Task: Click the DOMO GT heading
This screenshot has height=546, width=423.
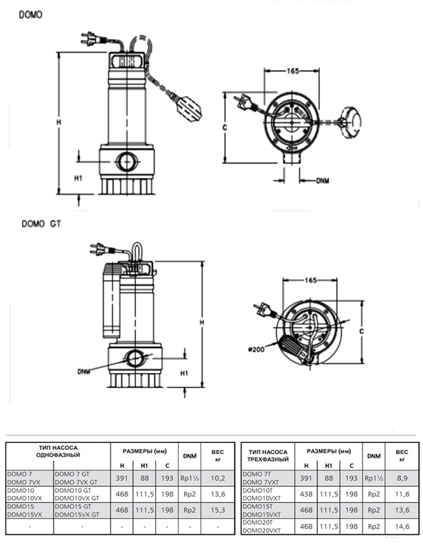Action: tap(41, 224)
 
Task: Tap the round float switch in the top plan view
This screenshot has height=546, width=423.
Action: tap(352, 122)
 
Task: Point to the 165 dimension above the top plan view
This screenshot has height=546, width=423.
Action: tap(293, 71)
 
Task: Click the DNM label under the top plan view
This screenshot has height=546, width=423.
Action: tap(323, 181)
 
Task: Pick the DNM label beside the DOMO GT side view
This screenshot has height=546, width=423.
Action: tap(84, 372)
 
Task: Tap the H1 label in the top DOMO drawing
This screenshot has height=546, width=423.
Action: tap(78, 178)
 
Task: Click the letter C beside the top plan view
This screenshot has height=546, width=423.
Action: tap(225, 128)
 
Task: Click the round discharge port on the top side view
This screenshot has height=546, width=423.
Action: tap(126, 162)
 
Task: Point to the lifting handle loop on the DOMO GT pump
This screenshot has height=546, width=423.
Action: tap(137, 252)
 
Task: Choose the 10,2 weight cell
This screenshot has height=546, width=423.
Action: tap(218, 478)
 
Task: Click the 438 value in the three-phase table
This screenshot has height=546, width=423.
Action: tap(306, 494)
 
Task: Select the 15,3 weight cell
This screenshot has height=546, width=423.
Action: tap(218, 510)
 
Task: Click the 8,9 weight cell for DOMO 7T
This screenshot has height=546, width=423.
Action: tap(402, 478)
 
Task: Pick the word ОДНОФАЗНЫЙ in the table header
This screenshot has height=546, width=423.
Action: tap(58, 455)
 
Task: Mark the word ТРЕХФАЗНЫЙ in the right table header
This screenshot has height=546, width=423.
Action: tap(268, 459)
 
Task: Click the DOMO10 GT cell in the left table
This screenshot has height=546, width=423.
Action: tap(73, 490)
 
